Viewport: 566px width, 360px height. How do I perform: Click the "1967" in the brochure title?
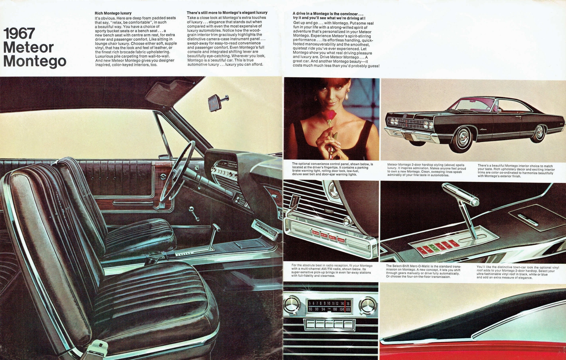click(x=19, y=34)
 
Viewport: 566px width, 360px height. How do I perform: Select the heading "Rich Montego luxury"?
click(x=113, y=13)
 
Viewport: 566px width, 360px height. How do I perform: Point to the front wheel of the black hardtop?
click(x=462, y=139)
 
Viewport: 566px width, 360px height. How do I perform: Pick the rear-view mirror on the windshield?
click(x=215, y=103)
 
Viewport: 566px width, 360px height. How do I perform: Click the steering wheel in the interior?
click(x=177, y=170)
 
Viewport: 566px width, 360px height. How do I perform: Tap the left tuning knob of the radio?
click(x=292, y=305)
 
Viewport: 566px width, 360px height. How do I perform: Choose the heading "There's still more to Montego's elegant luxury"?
click(x=227, y=13)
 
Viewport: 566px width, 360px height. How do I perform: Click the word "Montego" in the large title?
click(x=35, y=61)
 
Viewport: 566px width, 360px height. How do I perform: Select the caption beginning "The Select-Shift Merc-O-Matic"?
click(x=423, y=271)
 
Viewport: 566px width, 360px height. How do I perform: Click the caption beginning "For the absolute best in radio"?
click(x=331, y=270)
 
